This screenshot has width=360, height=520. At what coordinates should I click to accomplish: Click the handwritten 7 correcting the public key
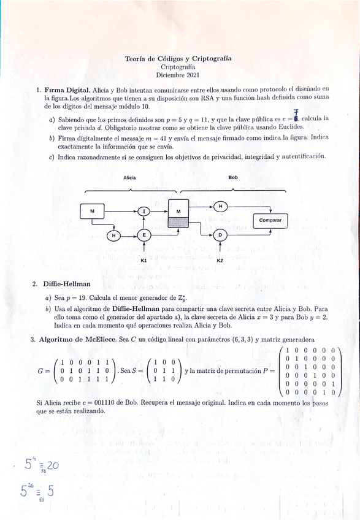coord(296,110)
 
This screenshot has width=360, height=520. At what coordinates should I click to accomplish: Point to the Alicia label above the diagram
coord(129,178)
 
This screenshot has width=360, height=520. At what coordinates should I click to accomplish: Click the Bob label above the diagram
coord(233,178)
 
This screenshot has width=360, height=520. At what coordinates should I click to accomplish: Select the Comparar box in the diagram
coord(270,220)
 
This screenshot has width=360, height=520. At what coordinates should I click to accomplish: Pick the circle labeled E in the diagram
coord(144,235)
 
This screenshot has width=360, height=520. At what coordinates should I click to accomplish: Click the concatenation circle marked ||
coord(144,211)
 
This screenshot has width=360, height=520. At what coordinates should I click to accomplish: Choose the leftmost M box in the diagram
coord(93,212)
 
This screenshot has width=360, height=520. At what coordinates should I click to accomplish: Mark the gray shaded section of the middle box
coord(178,223)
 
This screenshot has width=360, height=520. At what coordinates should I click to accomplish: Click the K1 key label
coord(144,261)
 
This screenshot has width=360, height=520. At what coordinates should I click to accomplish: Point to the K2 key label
coord(220,261)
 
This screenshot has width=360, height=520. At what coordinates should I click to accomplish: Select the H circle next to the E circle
coord(113,235)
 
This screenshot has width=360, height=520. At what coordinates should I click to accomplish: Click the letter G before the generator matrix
coord(40,371)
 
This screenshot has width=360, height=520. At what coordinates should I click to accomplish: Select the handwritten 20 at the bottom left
coord(52,465)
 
